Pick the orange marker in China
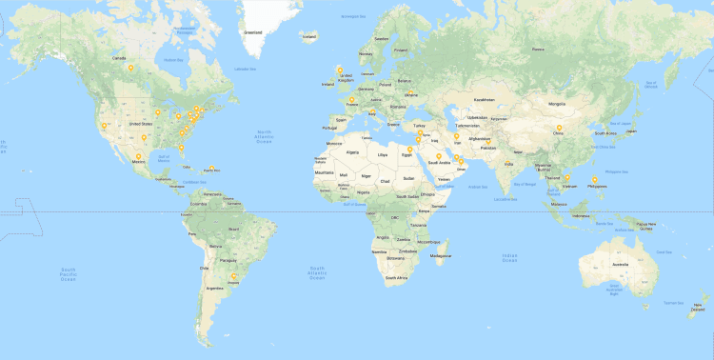559,129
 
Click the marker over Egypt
409,150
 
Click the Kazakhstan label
484,99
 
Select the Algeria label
356,150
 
